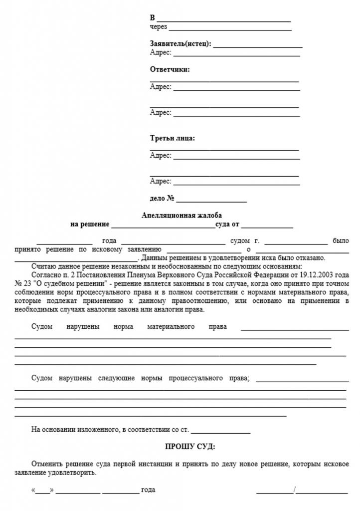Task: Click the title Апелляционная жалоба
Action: (x=181, y=215)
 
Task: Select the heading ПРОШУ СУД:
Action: (x=190, y=446)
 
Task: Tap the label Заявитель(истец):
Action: (x=180, y=44)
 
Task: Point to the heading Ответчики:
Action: (x=170, y=70)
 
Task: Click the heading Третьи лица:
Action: (x=173, y=138)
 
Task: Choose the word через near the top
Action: (x=158, y=27)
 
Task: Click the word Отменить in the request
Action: (x=46, y=464)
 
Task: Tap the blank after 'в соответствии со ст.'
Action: (x=220, y=430)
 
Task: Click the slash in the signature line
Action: (x=295, y=490)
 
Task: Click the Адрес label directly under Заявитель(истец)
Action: (x=161, y=52)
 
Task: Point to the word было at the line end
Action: (x=341, y=241)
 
